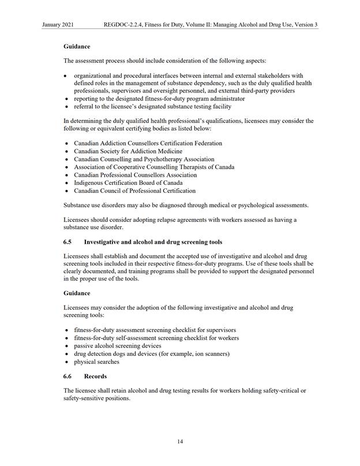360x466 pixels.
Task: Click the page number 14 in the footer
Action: (180, 442)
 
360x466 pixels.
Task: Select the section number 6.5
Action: (68, 241)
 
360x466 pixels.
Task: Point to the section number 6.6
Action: (68, 376)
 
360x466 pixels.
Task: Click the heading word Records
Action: (95, 376)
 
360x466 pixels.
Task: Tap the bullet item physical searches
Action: (96, 361)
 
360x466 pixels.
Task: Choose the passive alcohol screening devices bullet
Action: (117, 345)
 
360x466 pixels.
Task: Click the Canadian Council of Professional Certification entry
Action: (134, 191)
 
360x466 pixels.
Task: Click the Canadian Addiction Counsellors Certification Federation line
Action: (148, 143)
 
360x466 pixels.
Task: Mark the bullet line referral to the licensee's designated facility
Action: (152, 106)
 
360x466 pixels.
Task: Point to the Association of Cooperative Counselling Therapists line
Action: (154, 167)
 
